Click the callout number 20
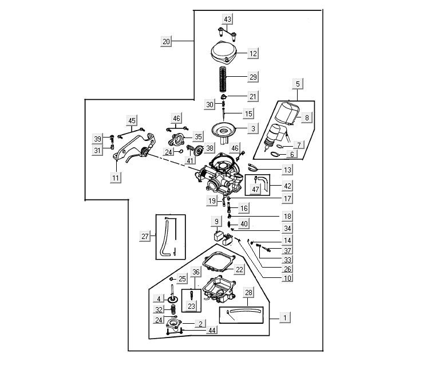click(x=167, y=41)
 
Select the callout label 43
click(x=228, y=19)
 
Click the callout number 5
click(x=298, y=84)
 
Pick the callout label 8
click(x=307, y=118)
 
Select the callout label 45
click(x=132, y=120)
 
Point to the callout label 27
click(x=145, y=236)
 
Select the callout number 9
click(x=217, y=221)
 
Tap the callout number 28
click(x=249, y=293)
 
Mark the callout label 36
click(x=196, y=272)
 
